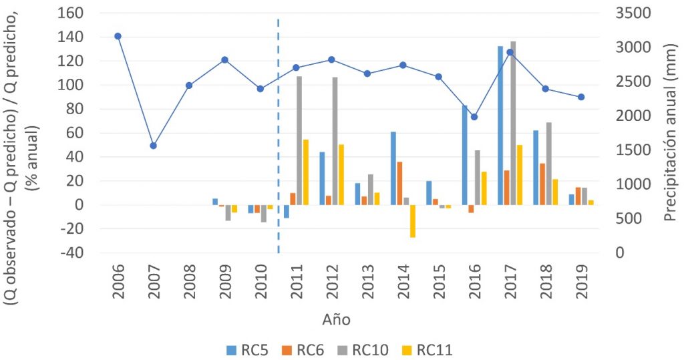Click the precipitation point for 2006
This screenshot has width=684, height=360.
tap(118, 36)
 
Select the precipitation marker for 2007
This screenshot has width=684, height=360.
tap(153, 146)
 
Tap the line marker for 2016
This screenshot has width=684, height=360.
tap(474, 117)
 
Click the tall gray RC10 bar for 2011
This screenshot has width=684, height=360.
tap(299, 140)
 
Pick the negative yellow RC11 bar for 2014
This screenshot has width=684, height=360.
tap(412, 221)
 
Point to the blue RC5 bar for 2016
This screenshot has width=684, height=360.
tap(464, 155)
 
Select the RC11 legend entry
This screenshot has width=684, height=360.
tap(427, 349)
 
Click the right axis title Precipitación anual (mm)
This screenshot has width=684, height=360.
tap(671, 132)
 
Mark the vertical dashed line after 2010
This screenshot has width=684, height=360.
tap(278, 134)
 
